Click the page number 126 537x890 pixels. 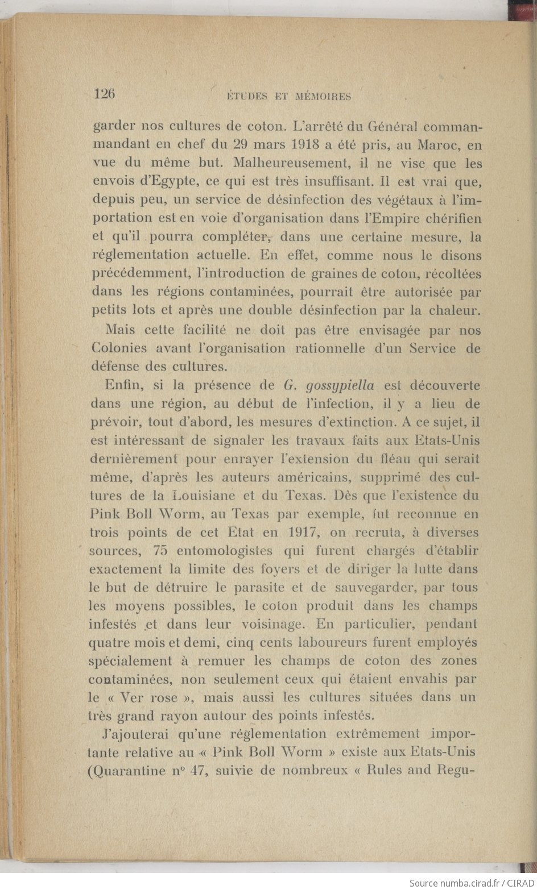pos(104,94)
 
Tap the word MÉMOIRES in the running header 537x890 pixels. pos(323,97)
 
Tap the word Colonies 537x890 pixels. pos(119,348)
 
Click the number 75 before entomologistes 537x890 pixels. pos(161,551)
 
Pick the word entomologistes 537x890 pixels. pos(225,551)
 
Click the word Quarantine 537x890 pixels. pos(133,771)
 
